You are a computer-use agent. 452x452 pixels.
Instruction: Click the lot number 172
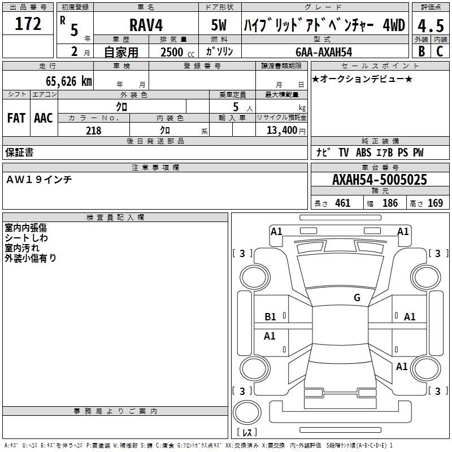click(x=28, y=24)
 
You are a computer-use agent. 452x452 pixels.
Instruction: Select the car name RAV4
click(x=146, y=25)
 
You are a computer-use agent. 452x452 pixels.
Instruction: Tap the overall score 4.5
click(x=431, y=25)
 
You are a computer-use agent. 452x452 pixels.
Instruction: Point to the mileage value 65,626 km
click(x=69, y=81)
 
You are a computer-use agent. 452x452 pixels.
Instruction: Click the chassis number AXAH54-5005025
click(x=380, y=180)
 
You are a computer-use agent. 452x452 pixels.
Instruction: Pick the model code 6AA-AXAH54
click(x=324, y=52)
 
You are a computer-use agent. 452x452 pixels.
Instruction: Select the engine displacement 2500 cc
click(x=177, y=52)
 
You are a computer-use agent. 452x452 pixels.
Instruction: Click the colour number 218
click(x=94, y=131)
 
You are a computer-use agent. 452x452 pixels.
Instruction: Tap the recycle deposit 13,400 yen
click(x=286, y=131)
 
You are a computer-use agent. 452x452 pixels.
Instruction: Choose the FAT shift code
click(x=16, y=118)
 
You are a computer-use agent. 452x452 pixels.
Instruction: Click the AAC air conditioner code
click(x=44, y=118)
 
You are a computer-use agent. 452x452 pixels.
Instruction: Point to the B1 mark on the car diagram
click(x=270, y=317)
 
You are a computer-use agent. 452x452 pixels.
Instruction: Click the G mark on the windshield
click(x=357, y=297)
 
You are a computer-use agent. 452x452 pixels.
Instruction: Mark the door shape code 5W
click(x=219, y=25)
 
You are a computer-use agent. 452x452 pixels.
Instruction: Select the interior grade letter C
click(x=440, y=51)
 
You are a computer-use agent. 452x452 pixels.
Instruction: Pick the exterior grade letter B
click(x=421, y=51)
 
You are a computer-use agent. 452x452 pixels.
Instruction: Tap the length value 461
click(x=342, y=203)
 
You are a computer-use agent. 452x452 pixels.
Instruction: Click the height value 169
click(x=435, y=203)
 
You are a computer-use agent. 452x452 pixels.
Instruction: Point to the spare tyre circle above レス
click(x=247, y=412)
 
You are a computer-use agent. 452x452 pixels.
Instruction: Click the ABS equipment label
click(x=363, y=153)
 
